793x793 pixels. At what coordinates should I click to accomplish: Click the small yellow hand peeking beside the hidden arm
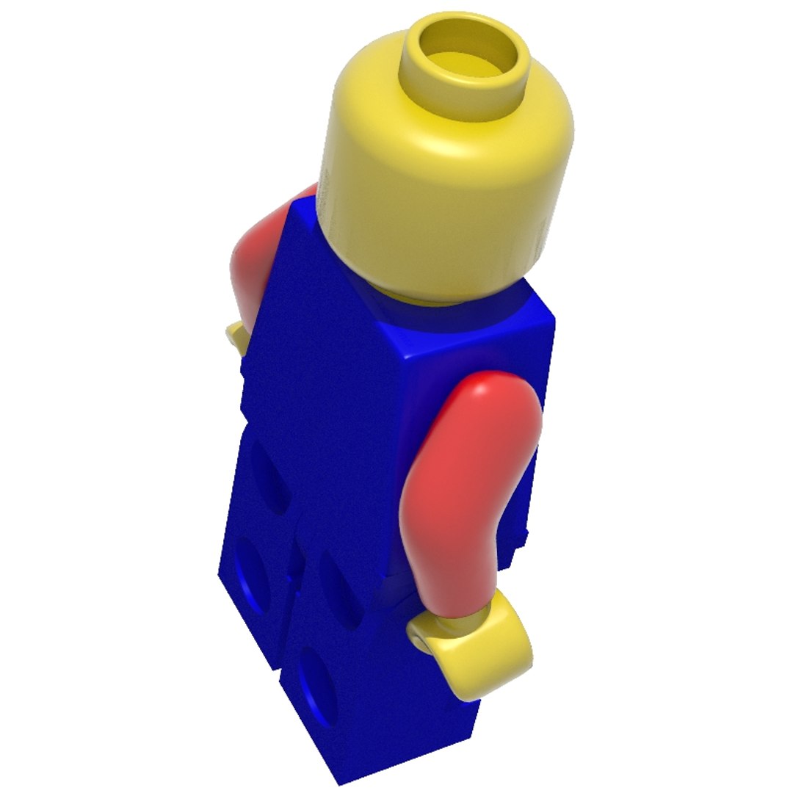(x=236, y=336)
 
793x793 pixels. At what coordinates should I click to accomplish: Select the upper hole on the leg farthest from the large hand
(x=268, y=477)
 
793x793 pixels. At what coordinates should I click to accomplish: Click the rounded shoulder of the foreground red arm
(x=492, y=396)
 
